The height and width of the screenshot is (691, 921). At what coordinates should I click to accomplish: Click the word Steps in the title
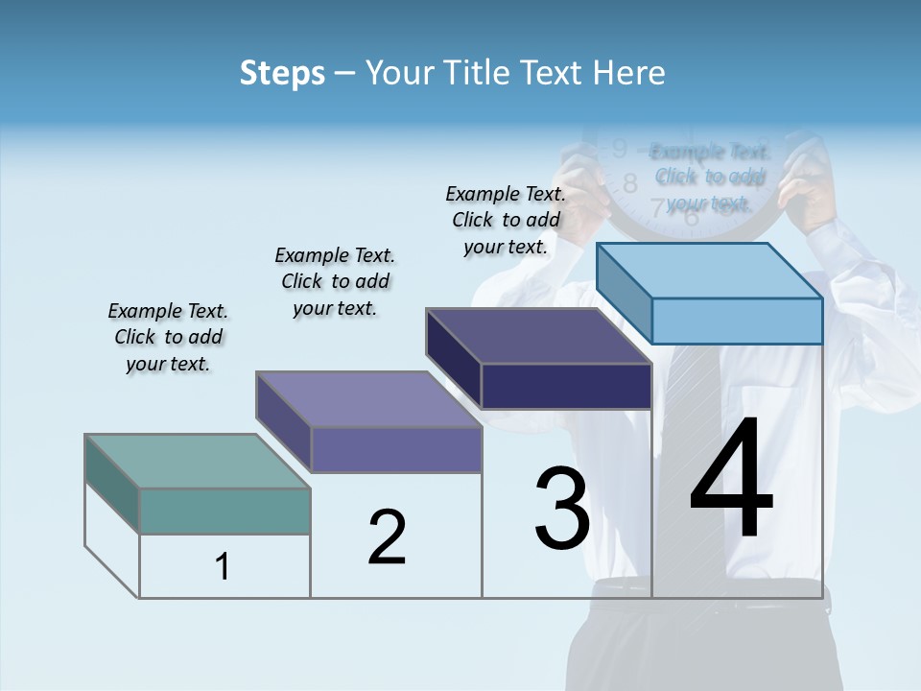pos(282,73)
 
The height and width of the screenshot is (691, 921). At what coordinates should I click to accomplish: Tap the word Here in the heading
pos(628,73)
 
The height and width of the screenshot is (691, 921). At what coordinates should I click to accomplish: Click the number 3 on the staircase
pos(562,509)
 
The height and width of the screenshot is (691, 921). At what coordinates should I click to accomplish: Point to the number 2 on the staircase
pos(387,537)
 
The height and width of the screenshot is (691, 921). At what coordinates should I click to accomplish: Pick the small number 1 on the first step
pos(223,567)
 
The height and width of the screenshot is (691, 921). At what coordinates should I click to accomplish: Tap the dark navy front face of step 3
pos(566,387)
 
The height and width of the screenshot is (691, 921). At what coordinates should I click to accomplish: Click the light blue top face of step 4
pos(710,270)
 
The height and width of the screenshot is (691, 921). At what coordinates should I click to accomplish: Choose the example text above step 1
pos(168,337)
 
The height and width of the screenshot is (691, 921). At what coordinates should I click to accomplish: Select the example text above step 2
pos(335,281)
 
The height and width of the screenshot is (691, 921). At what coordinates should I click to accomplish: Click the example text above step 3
pos(506,220)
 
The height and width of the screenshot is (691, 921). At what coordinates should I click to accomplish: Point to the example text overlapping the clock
pos(710,177)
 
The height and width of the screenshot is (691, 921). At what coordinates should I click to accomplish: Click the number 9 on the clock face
pos(619,149)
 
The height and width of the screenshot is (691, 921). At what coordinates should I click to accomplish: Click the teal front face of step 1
pos(224,511)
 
